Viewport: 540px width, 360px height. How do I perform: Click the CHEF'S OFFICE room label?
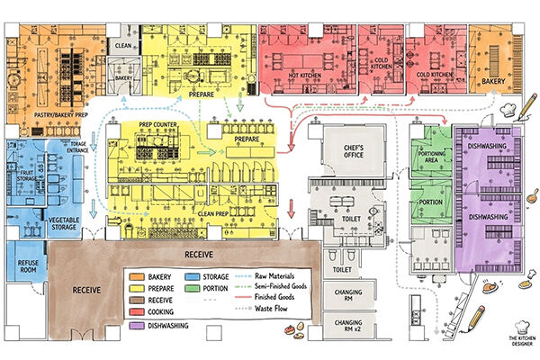point(346,149)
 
